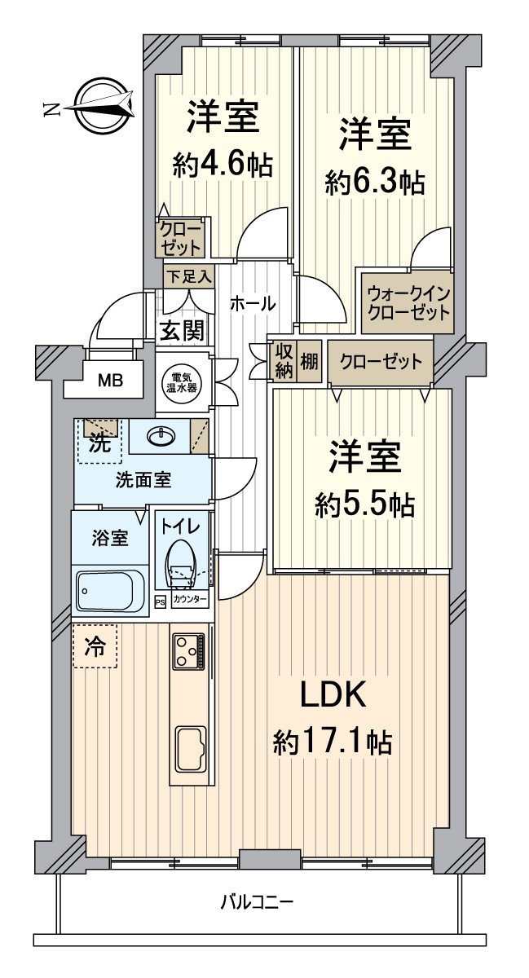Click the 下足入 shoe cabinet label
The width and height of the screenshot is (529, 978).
(188, 276)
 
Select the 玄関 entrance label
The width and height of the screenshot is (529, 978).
(182, 331)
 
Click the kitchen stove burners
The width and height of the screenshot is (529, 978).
(189, 651)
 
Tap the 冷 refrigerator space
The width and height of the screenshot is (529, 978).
(95, 646)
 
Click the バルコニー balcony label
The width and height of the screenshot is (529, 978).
(257, 902)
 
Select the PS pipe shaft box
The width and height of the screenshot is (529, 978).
(160, 601)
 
